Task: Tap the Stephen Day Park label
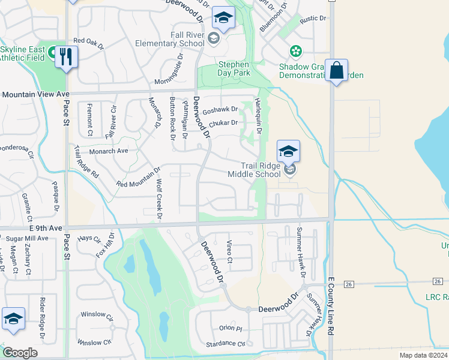(x=234, y=68)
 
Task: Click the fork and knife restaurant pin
(x=66, y=57)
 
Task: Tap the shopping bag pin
(x=336, y=71)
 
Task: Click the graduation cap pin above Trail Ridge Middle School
(x=288, y=151)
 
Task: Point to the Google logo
(x=20, y=353)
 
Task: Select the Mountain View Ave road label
(x=35, y=94)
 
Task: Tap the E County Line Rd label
(x=331, y=306)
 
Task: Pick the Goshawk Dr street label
(x=220, y=110)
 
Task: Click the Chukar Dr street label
(x=223, y=123)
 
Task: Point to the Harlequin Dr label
(x=259, y=115)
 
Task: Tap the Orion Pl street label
(x=230, y=328)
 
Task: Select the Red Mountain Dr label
(x=139, y=177)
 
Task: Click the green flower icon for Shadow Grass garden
(x=295, y=51)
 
